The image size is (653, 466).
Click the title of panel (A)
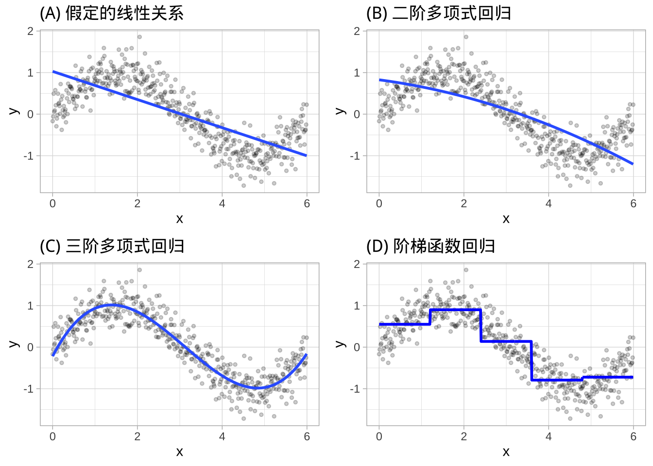pos(112,13)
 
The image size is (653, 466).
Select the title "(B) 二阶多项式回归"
pos(438,13)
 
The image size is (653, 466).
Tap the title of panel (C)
pos(112,246)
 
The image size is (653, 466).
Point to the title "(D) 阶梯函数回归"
pos(430,246)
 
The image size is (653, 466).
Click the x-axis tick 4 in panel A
pos(222,204)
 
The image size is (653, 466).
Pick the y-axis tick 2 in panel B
pos(357,31)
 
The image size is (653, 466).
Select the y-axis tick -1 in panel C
pos(30,389)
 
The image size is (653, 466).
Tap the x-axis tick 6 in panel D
pos(633,437)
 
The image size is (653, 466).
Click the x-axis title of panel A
pos(179,219)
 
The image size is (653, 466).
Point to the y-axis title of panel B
pos(341,111)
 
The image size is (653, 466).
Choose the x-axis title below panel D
pos(506,452)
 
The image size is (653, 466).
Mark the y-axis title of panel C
pos(14,344)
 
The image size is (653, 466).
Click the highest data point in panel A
pos(139,36)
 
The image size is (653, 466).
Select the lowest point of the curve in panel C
pos(257,388)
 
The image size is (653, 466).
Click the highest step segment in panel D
pos(455,310)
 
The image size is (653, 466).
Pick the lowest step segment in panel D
pos(556,380)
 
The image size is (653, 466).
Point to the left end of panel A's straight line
pos(53,72)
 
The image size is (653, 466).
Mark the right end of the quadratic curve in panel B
pos(633,164)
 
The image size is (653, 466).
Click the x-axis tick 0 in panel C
pos(52,437)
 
